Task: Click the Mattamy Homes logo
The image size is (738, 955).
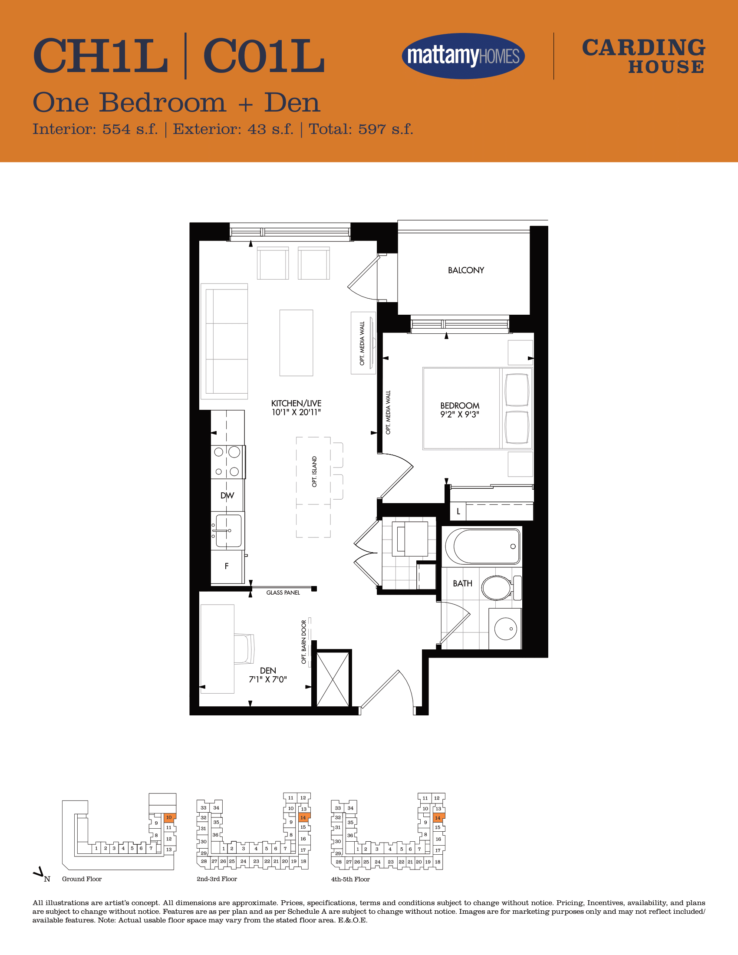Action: pyautogui.click(x=463, y=56)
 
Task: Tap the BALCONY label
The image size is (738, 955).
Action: pyautogui.click(x=466, y=270)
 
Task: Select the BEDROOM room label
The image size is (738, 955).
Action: pyautogui.click(x=459, y=406)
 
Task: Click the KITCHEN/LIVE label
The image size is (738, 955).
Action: pyautogui.click(x=296, y=403)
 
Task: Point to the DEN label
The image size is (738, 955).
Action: pyautogui.click(x=268, y=670)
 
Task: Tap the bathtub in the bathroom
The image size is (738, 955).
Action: pyautogui.click(x=483, y=546)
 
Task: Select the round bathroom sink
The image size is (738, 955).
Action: pyautogui.click(x=505, y=629)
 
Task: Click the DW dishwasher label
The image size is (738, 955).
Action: pyautogui.click(x=227, y=495)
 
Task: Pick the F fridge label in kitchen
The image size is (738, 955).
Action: pyautogui.click(x=227, y=566)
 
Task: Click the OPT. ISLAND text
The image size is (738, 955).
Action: pyautogui.click(x=314, y=471)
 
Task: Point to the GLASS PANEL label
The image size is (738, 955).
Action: pyautogui.click(x=283, y=593)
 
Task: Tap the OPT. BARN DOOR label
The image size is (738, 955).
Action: pyautogui.click(x=304, y=642)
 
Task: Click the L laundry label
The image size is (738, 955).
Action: pyautogui.click(x=458, y=511)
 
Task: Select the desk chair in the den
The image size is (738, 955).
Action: pyautogui.click(x=244, y=649)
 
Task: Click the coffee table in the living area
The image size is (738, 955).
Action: pyautogui.click(x=297, y=343)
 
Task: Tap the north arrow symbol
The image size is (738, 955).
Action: pyautogui.click(x=39, y=873)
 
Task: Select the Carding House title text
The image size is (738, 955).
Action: pyautogui.click(x=643, y=56)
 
